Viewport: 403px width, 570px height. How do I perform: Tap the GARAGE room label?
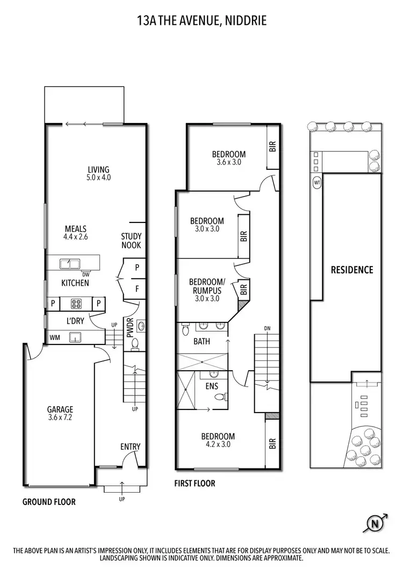coord(60,409)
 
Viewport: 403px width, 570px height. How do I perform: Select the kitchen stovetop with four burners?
coord(75,304)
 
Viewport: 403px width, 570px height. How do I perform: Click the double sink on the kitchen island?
coord(70,263)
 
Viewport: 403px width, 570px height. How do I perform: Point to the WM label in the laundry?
coord(54,337)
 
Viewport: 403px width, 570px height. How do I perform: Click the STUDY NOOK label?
coord(131,241)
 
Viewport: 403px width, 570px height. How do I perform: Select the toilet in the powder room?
coord(135,342)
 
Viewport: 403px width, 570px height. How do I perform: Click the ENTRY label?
coord(130,446)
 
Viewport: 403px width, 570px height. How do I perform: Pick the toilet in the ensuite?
coord(219,397)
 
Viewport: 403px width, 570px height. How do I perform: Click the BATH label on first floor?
coord(201,341)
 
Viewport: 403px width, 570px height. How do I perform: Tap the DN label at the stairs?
coord(267,328)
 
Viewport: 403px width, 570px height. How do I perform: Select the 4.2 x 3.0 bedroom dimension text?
coord(218,444)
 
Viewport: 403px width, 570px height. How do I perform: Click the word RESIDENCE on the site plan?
coord(351,270)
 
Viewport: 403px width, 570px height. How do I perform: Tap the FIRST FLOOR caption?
coord(195,484)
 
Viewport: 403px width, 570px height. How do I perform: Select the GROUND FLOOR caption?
coord(49,502)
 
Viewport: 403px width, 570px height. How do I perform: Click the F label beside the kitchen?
coord(137,288)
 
